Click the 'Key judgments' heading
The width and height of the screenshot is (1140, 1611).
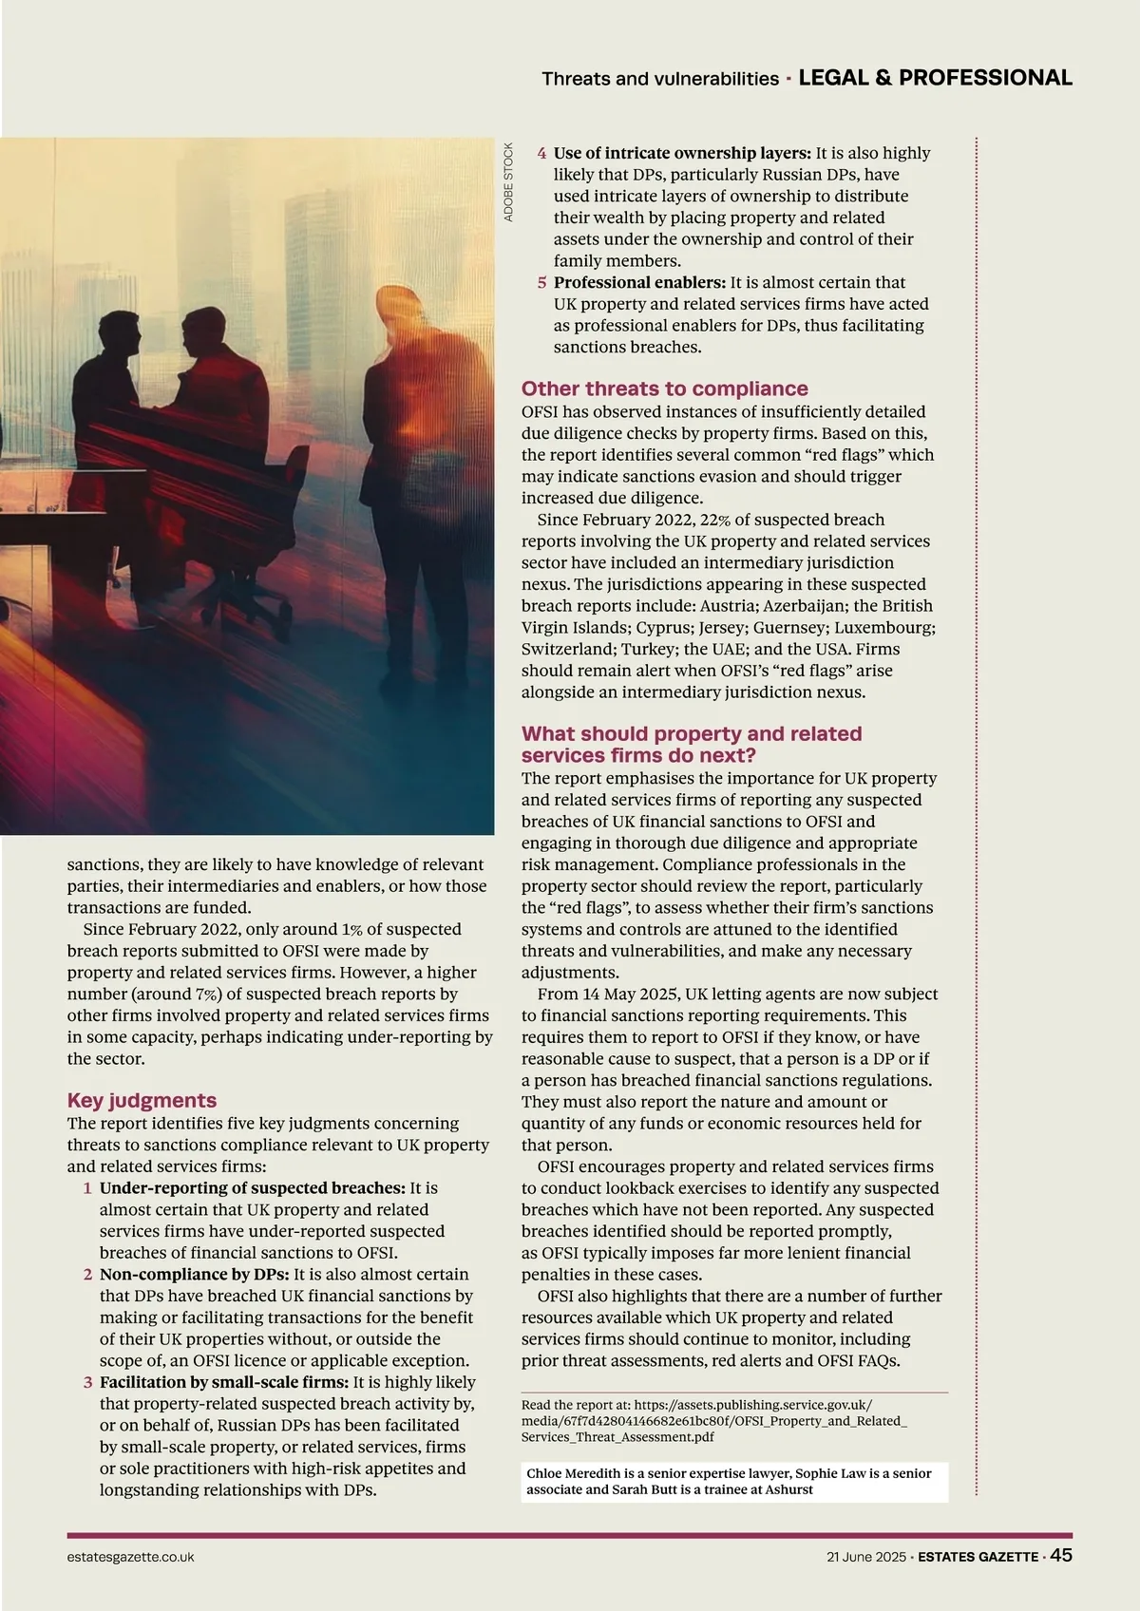(x=142, y=1100)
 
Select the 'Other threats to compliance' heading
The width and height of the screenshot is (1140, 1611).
(x=664, y=389)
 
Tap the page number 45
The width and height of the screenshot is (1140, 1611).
(x=1061, y=1555)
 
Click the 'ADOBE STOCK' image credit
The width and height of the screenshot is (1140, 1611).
(x=508, y=182)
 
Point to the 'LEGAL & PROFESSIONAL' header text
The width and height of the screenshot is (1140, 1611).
(x=935, y=78)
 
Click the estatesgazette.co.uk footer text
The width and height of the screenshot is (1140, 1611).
(x=130, y=1557)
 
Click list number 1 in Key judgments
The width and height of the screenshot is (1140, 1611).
(x=87, y=1188)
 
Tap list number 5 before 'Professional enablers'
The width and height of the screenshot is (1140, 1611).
(x=541, y=283)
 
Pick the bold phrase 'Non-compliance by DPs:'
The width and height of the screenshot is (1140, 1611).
(x=195, y=1275)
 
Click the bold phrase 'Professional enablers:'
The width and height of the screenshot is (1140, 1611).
(x=639, y=283)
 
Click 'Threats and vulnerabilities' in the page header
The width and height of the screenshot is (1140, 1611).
(x=659, y=79)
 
